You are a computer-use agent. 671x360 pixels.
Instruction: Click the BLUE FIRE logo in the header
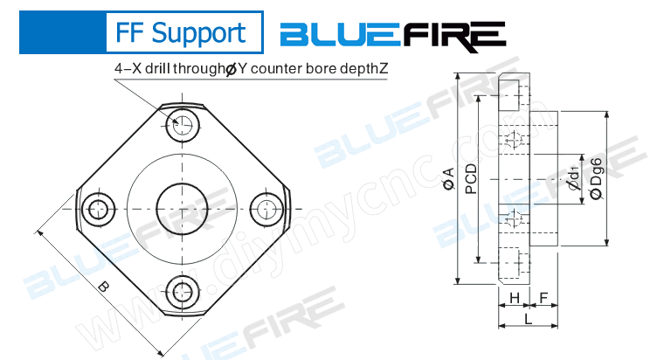[x=392, y=34]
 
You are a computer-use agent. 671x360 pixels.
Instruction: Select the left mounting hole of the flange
[x=99, y=207]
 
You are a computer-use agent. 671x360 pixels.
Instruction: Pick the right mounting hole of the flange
[x=267, y=207]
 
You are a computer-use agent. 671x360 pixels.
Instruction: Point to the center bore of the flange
[x=183, y=207]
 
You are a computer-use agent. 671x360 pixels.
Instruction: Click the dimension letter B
[x=103, y=286]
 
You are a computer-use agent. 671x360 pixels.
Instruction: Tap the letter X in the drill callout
[x=135, y=68]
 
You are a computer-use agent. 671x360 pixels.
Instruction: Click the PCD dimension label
[x=471, y=179]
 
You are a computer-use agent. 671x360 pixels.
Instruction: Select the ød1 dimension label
[x=572, y=179]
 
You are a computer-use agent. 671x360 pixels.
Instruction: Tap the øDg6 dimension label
[x=596, y=179]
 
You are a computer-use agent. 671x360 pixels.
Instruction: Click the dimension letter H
[x=515, y=299]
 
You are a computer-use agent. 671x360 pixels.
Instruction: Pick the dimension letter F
[x=543, y=299]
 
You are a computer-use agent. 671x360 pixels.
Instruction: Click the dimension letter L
[x=529, y=319]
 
